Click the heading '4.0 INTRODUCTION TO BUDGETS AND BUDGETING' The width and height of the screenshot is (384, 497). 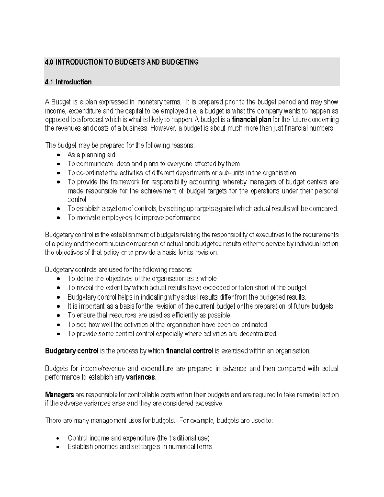click(x=122, y=62)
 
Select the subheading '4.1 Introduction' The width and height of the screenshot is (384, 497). click(x=68, y=82)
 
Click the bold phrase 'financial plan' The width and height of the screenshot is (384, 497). click(x=252, y=120)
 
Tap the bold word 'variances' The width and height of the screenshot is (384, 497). click(x=140, y=377)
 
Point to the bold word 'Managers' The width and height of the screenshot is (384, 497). click(x=60, y=395)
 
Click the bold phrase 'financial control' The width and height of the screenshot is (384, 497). click(x=189, y=351)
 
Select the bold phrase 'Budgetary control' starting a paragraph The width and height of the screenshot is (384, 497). click(x=72, y=351)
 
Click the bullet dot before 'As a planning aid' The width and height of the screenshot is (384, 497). click(x=58, y=155)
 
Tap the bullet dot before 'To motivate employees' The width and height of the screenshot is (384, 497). click(x=58, y=218)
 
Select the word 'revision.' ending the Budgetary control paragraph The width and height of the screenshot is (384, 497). click(x=206, y=252)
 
